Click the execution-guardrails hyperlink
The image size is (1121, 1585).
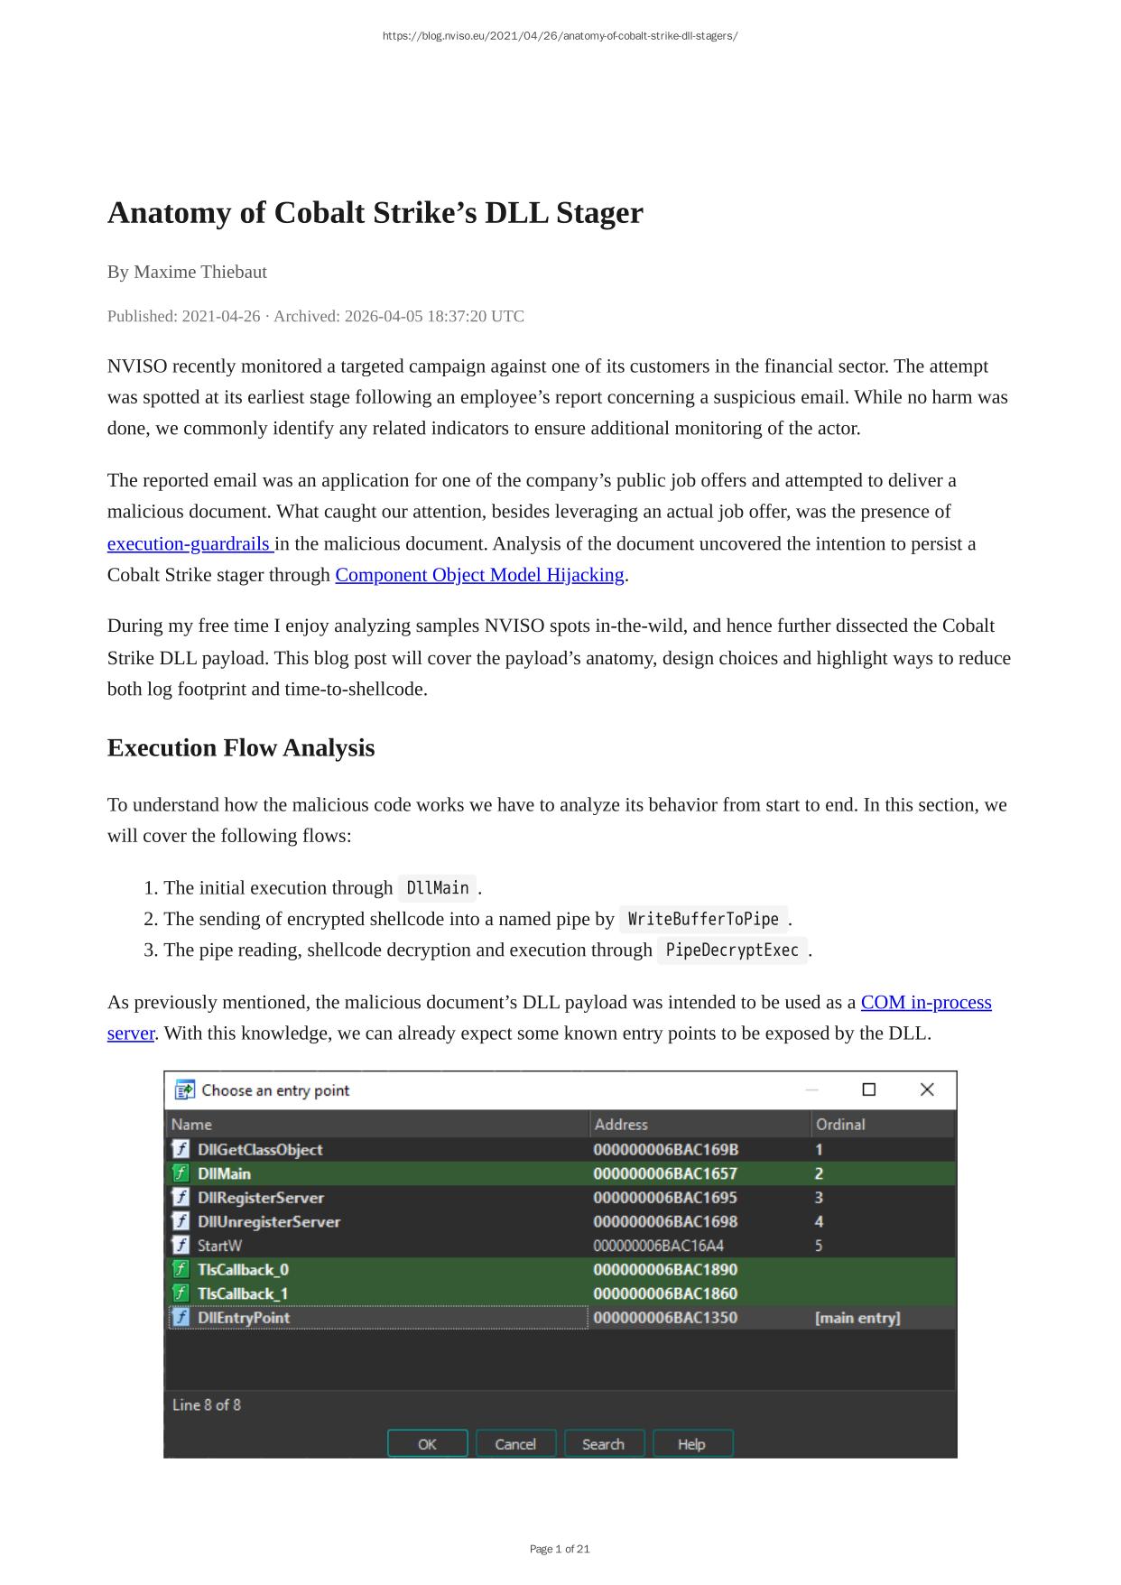coord(189,544)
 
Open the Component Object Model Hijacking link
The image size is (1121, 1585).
coord(479,575)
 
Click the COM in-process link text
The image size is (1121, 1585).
coord(925,1003)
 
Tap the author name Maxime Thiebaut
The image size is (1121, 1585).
coord(200,272)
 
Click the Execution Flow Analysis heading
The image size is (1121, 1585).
coord(241,748)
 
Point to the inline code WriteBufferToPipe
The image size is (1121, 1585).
coord(703,919)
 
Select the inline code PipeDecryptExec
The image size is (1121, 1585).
coord(732,950)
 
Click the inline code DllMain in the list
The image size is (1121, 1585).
coord(438,888)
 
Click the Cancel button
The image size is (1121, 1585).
coord(515,1444)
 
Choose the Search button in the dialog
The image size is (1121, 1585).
coord(603,1444)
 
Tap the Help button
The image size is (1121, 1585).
coord(691,1444)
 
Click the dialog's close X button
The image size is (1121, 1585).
coord(927,1090)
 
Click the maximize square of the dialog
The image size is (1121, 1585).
coord(869,1090)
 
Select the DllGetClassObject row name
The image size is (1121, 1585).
coord(260,1150)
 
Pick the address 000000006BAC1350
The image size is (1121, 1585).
coord(665,1318)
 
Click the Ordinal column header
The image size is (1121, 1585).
coord(840,1125)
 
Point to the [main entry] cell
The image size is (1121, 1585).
coord(857,1318)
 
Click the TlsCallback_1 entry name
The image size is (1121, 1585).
coord(244,1293)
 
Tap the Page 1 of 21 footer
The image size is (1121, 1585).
coord(560,1549)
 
